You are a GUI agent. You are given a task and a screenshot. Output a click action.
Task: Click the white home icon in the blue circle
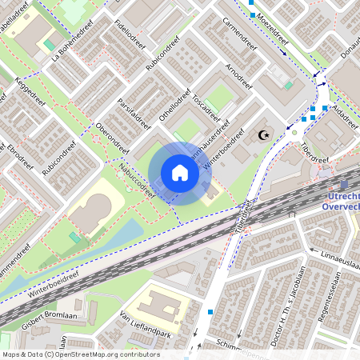[180, 173]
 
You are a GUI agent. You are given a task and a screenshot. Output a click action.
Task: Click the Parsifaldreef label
[134, 113]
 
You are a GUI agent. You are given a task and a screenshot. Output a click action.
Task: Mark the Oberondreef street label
[112, 138]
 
